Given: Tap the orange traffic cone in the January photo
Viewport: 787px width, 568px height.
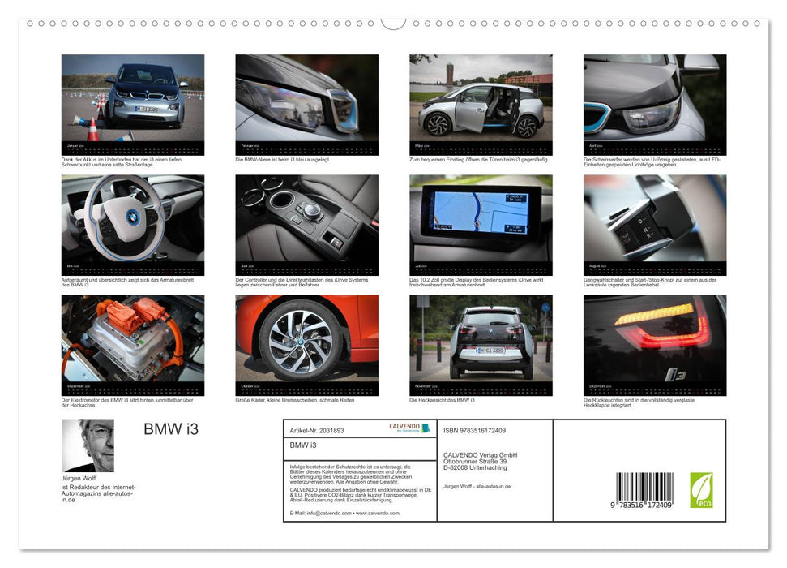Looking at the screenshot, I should click(92, 129).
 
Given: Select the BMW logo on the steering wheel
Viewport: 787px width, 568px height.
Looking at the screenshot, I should click(133, 217).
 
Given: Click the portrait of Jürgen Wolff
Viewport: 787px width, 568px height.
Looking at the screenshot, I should click(88, 445).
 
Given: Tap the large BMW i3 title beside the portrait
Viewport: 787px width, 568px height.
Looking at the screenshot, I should click(170, 429).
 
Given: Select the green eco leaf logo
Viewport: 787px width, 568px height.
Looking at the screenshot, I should click(701, 490).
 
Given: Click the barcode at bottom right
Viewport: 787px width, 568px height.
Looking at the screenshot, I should click(645, 490).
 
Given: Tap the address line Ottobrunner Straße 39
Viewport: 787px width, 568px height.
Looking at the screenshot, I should click(480, 462).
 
